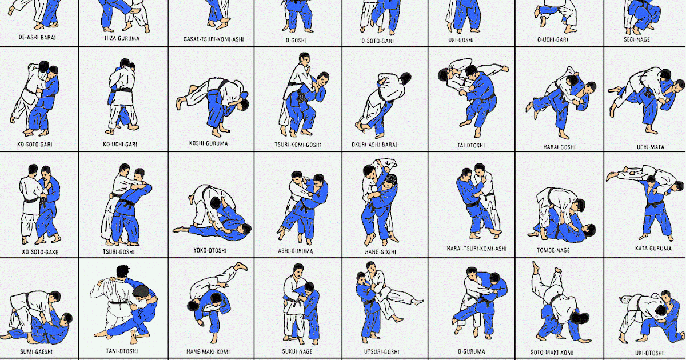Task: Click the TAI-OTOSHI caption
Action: coord(472,146)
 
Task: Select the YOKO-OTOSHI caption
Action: coord(212,250)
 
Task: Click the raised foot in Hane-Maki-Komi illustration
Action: coord(241,267)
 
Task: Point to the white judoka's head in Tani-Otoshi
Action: coord(122,271)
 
